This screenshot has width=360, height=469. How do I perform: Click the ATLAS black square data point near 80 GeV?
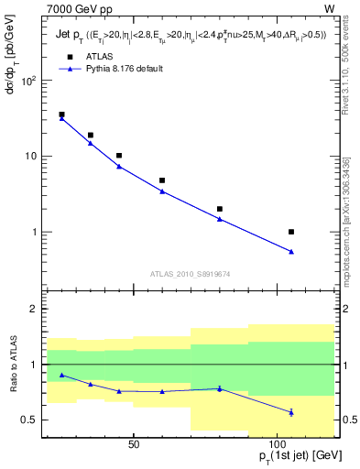click(x=220, y=209)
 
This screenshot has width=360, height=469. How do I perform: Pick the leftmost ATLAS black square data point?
click(x=61, y=115)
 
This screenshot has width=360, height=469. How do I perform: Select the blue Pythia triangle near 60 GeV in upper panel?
click(x=162, y=191)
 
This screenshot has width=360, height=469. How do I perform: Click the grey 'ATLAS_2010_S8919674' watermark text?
click(x=189, y=273)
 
